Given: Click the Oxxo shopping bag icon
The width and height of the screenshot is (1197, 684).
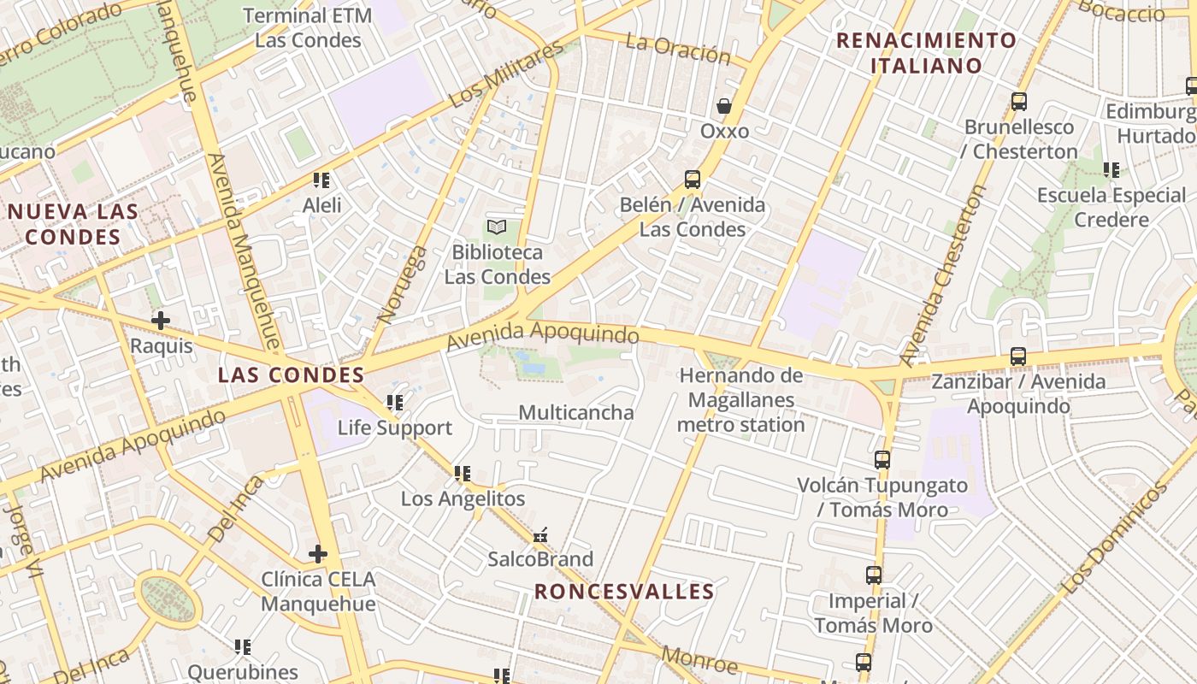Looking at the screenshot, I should [x=724, y=106].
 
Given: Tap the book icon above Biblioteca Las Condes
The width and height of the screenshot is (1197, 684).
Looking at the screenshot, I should [x=497, y=227].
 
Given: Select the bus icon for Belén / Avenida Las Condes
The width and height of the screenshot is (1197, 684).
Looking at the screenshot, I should [x=693, y=180].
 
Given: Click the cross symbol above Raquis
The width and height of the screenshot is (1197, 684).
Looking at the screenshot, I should [x=161, y=321].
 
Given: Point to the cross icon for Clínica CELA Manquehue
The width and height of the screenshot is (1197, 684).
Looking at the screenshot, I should [x=318, y=554].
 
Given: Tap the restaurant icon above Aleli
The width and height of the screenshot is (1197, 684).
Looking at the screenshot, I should [x=321, y=180].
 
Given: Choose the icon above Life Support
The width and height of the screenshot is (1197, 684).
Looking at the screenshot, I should [x=394, y=402].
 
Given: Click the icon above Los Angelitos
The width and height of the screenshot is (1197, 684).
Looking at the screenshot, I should [x=463, y=473].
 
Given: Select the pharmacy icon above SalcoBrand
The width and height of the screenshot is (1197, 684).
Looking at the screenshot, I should [x=540, y=535].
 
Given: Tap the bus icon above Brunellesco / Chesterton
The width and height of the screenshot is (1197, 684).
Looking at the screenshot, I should [x=1018, y=102].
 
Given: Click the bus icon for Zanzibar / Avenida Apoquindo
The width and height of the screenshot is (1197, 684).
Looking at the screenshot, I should [x=1017, y=357].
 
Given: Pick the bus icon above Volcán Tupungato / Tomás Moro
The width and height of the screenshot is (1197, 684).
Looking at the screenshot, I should [x=882, y=460].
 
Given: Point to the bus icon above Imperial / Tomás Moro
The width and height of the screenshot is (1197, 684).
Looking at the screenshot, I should [x=873, y=575].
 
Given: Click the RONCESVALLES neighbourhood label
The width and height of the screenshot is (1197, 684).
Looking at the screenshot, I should [x=624, y=591].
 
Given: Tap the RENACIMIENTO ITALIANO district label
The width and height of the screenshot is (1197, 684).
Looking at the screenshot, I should [x=926, y=52].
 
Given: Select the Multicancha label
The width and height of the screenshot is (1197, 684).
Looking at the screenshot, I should [x=576, y=413].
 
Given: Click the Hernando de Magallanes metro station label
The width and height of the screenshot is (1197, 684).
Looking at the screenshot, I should [x=741, y=400].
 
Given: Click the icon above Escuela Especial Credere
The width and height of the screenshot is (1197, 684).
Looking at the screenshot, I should [x=1111, y=170].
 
